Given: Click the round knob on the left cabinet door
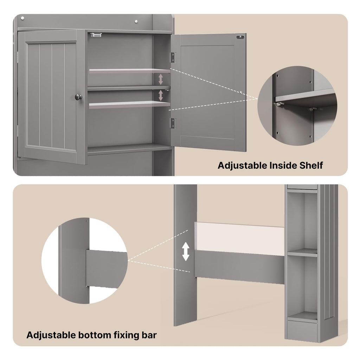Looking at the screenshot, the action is pos(78,97).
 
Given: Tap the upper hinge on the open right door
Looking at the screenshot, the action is pos(173,57).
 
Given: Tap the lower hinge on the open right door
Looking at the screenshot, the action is pos(173,123).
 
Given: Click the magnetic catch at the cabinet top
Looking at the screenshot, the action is pos(96,35).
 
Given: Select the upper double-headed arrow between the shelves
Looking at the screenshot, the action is pos(161,79).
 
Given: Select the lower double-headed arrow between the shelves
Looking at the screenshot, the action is pos(161,95).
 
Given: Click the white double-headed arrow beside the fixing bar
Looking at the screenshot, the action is pos(186,252).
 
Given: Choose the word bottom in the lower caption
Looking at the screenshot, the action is pos(95,335).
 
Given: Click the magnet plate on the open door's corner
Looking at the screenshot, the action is pos(240,37).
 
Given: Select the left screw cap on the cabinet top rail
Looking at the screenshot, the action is pos(22,18).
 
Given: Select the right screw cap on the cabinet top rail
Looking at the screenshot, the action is pos(136,21).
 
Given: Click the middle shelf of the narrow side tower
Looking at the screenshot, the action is pos(302,253).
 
